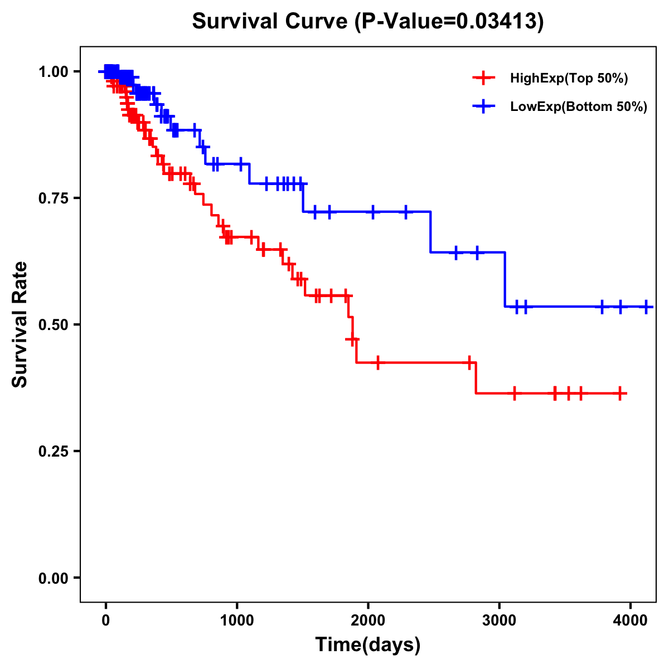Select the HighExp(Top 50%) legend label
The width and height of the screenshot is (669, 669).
(569, 78)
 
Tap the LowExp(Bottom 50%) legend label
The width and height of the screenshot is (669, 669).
(579, 106)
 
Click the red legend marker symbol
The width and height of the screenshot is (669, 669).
(484, 78)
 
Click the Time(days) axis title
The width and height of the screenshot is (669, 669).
(368, 645)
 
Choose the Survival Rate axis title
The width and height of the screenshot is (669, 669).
(20, 324)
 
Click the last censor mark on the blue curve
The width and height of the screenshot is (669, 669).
(646, 307)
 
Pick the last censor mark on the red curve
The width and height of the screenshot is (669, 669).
(620, 394)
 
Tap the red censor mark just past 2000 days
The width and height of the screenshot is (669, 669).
(378, 363)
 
